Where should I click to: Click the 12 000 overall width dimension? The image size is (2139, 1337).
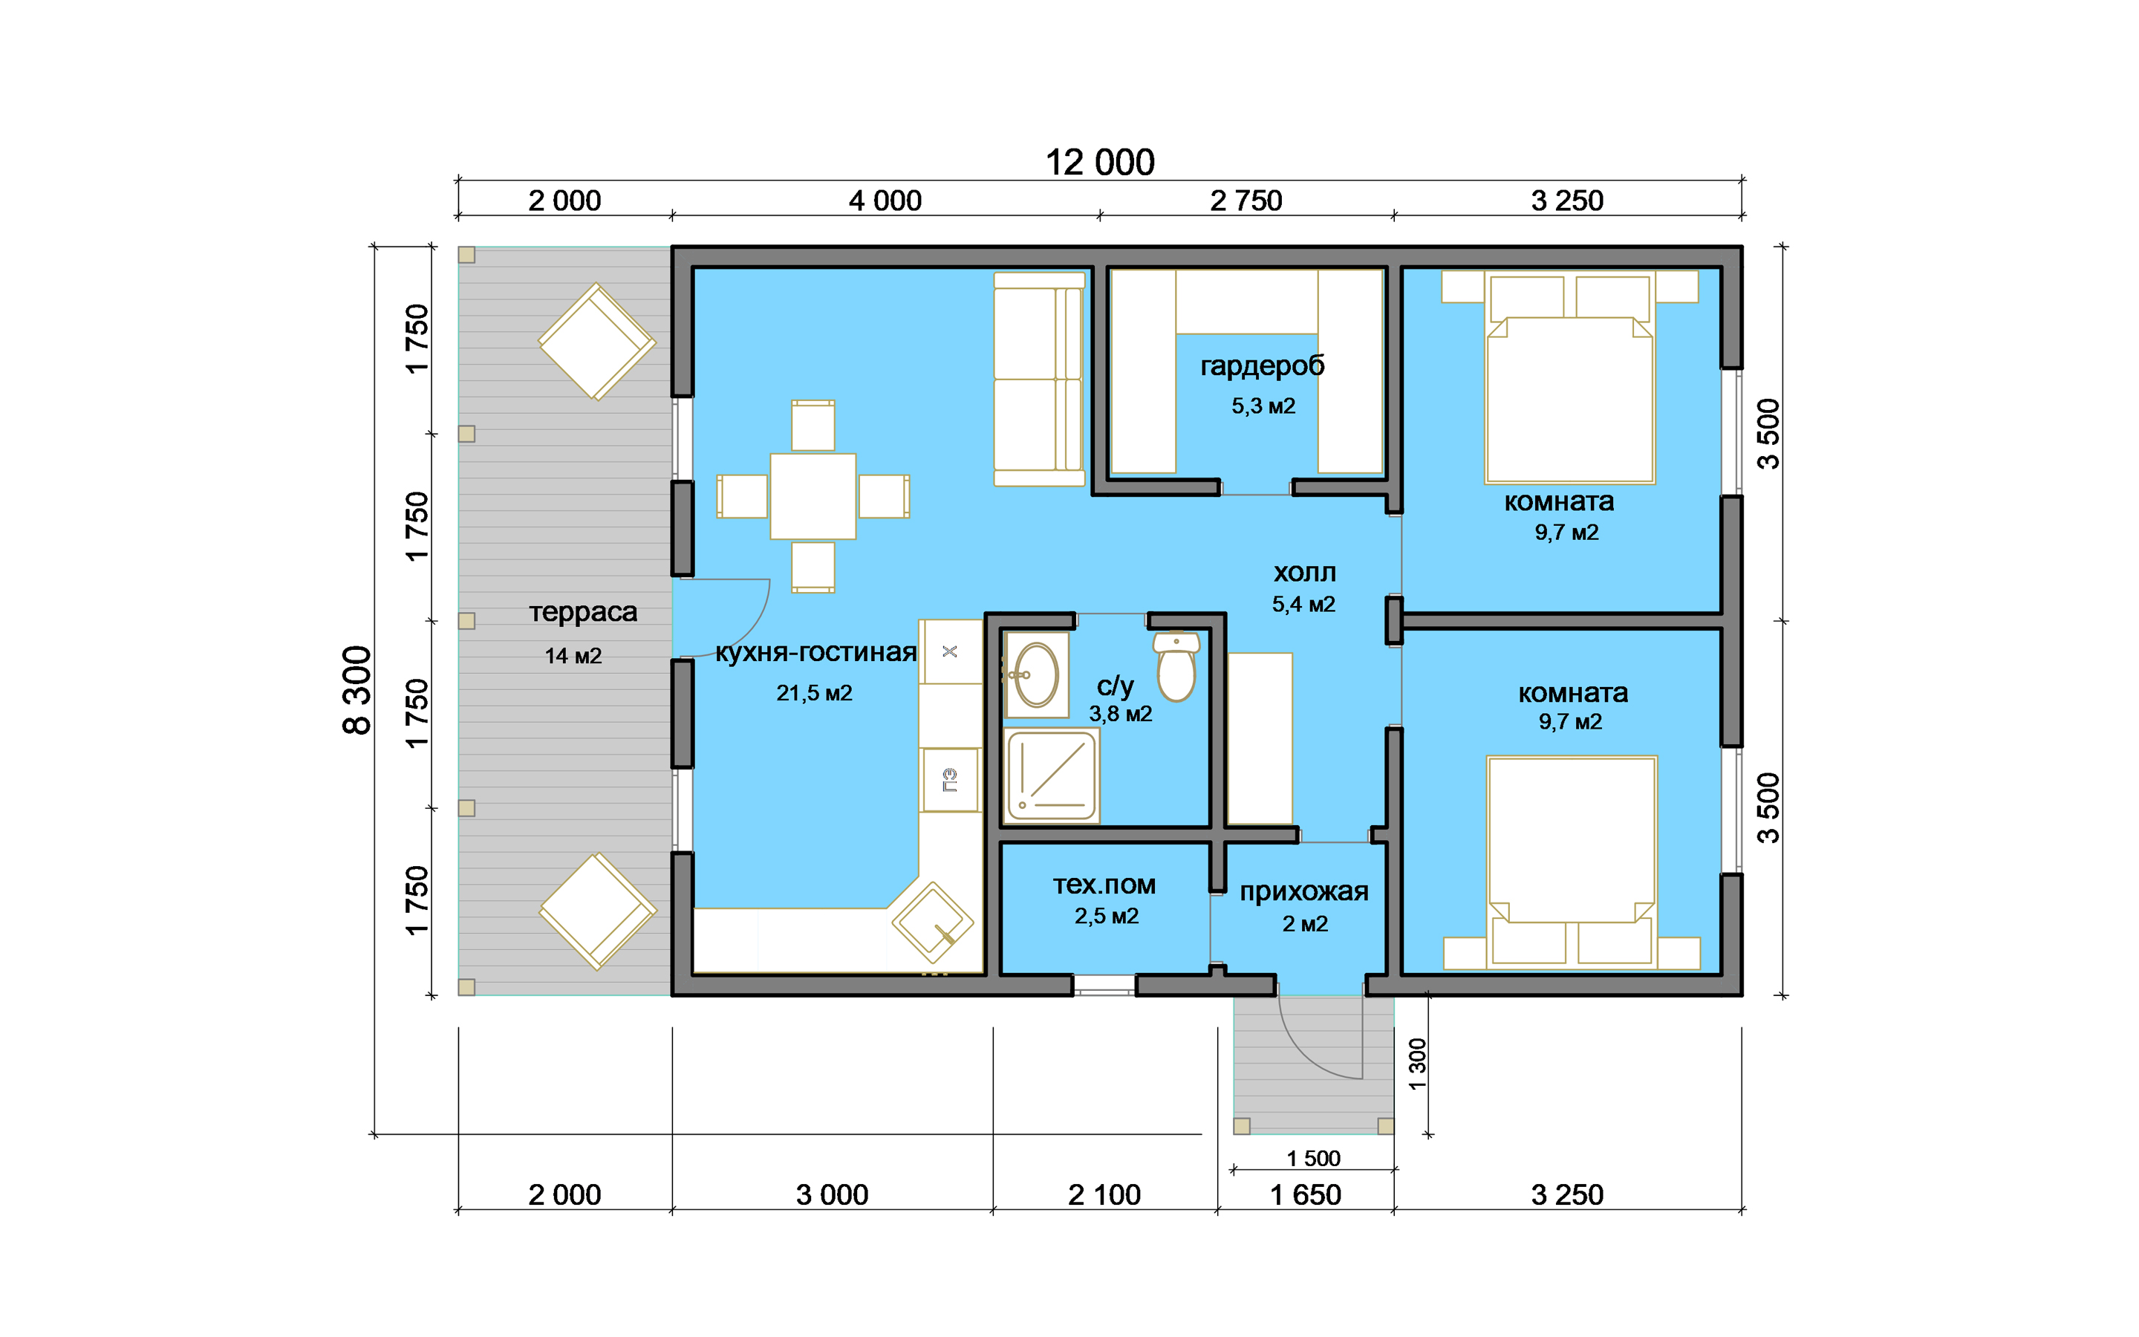coord(1099,163)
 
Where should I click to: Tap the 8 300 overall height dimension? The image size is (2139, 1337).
coord(357,691)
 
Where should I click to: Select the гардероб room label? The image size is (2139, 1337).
coord(1262,366)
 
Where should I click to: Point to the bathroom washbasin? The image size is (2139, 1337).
coord(1036,674)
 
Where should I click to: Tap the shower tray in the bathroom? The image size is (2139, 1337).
coord(1052,775)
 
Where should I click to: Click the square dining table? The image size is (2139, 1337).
coord(813,496)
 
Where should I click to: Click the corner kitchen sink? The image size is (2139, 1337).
coord(933,923)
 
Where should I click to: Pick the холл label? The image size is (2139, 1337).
coord(1305,573)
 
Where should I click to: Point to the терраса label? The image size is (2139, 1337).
coord(582,613)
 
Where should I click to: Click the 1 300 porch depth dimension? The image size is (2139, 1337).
coord(1418,1064)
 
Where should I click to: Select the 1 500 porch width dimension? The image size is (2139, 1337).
coord(1313,1159)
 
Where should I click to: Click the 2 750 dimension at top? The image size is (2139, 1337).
coord(1246,201)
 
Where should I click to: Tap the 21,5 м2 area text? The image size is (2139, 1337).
coord(814,693)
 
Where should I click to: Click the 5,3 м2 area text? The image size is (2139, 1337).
coord(1263,406)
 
